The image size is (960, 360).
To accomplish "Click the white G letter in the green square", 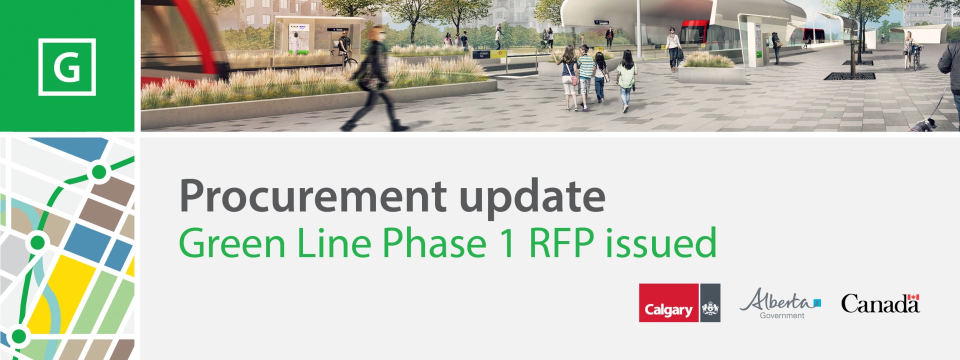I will pos(66,67).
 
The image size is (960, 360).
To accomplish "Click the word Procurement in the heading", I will pos(312,196).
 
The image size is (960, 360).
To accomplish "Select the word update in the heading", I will pos(532,196).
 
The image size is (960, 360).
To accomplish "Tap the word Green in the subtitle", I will pos(232,243).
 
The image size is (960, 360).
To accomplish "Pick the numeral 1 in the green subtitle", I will pos(508,243).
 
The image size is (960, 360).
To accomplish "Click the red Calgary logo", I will pos(668,303).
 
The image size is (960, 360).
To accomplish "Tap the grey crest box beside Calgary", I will pos(710,303).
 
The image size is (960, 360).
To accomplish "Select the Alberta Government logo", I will pos(780,303).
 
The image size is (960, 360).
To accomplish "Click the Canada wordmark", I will pos(879,304).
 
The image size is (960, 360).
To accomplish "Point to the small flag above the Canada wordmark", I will pos(913,297).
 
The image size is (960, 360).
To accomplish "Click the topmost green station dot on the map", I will pos(99,172).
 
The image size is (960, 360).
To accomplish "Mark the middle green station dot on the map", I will pos(37,243).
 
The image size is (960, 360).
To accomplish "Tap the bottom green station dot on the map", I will pos(19,336).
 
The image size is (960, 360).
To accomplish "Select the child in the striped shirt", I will pos(584,75).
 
